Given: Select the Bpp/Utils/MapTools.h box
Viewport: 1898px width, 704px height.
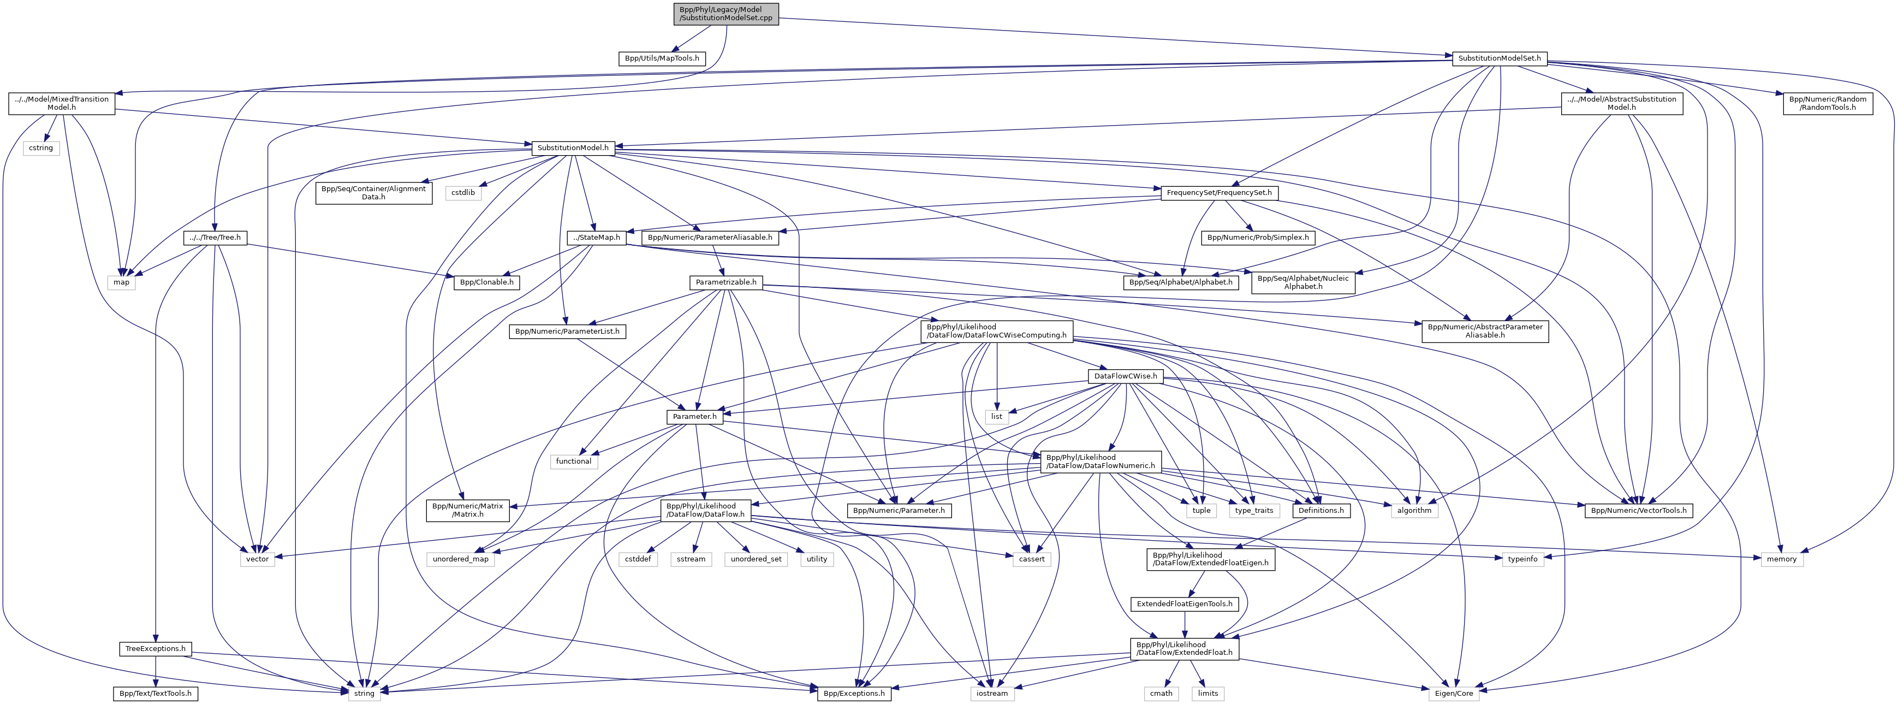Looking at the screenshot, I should coord(662,58).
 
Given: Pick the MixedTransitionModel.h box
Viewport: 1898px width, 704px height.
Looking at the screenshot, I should coord(62,103).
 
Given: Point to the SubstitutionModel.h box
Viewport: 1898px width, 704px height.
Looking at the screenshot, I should coord(573,148).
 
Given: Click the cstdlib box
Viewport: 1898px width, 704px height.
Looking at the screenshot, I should coord(463,192).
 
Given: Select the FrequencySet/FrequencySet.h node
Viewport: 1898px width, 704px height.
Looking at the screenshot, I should coord(1219,192).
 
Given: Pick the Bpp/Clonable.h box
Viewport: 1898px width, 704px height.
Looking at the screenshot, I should coord(487,282).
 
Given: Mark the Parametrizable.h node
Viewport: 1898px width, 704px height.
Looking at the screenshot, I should coord(727,282).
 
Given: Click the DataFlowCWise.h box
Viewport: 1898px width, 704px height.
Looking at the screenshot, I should coord(1126,376).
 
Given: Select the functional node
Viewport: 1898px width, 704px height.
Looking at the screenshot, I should coord(573,462).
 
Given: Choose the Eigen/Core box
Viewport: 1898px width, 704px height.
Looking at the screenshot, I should coord(1454,694).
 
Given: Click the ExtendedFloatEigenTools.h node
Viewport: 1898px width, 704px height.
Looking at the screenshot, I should coord(1185,604).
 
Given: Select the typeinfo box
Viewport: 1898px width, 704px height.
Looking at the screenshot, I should coord(1523,559).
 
